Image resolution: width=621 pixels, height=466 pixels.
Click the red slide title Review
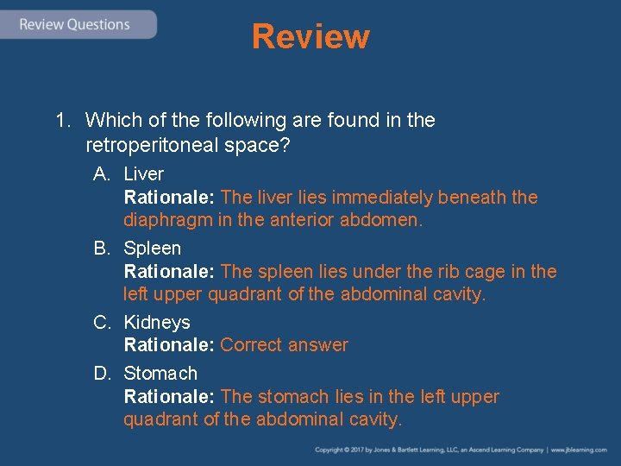(310, 37)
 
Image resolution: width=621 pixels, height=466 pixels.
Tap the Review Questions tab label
(74, 24)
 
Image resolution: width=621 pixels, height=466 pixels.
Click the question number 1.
(62, 120)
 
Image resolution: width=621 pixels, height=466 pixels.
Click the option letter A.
(101, 174)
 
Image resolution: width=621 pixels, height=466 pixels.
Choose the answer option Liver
(143, 174)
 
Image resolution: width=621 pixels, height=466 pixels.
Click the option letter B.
(101, 249)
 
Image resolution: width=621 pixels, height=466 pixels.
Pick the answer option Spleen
(153, 249)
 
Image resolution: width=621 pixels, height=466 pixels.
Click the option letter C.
(101, 323)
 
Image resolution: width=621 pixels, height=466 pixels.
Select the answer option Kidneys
(157, 323)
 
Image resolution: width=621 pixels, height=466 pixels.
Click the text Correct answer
(285, 345)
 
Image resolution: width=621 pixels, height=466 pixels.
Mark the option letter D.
(101, 374)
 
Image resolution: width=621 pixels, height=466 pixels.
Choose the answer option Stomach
(160, 374)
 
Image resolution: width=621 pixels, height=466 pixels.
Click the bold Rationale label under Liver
(169, 198)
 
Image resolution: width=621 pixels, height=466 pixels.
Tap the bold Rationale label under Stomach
(169, 397)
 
